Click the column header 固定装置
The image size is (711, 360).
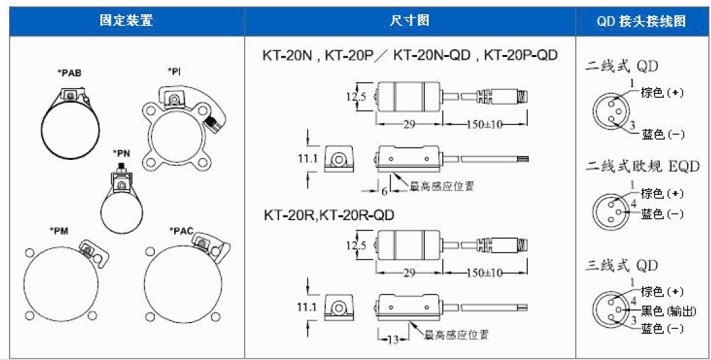coord(126,21)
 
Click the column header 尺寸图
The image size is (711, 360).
coord(409,21)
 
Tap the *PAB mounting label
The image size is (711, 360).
coord(71,73)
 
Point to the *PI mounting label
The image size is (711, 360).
coord(174,71)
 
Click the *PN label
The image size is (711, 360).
coord(120,153)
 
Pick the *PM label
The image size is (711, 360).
coord(59,231)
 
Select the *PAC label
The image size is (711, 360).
coord(181,231)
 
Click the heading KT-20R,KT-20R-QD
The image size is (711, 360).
coord(329,215)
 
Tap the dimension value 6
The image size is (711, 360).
coord(385,192)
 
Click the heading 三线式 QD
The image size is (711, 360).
coord(622,265)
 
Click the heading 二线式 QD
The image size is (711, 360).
coord(622,66)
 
